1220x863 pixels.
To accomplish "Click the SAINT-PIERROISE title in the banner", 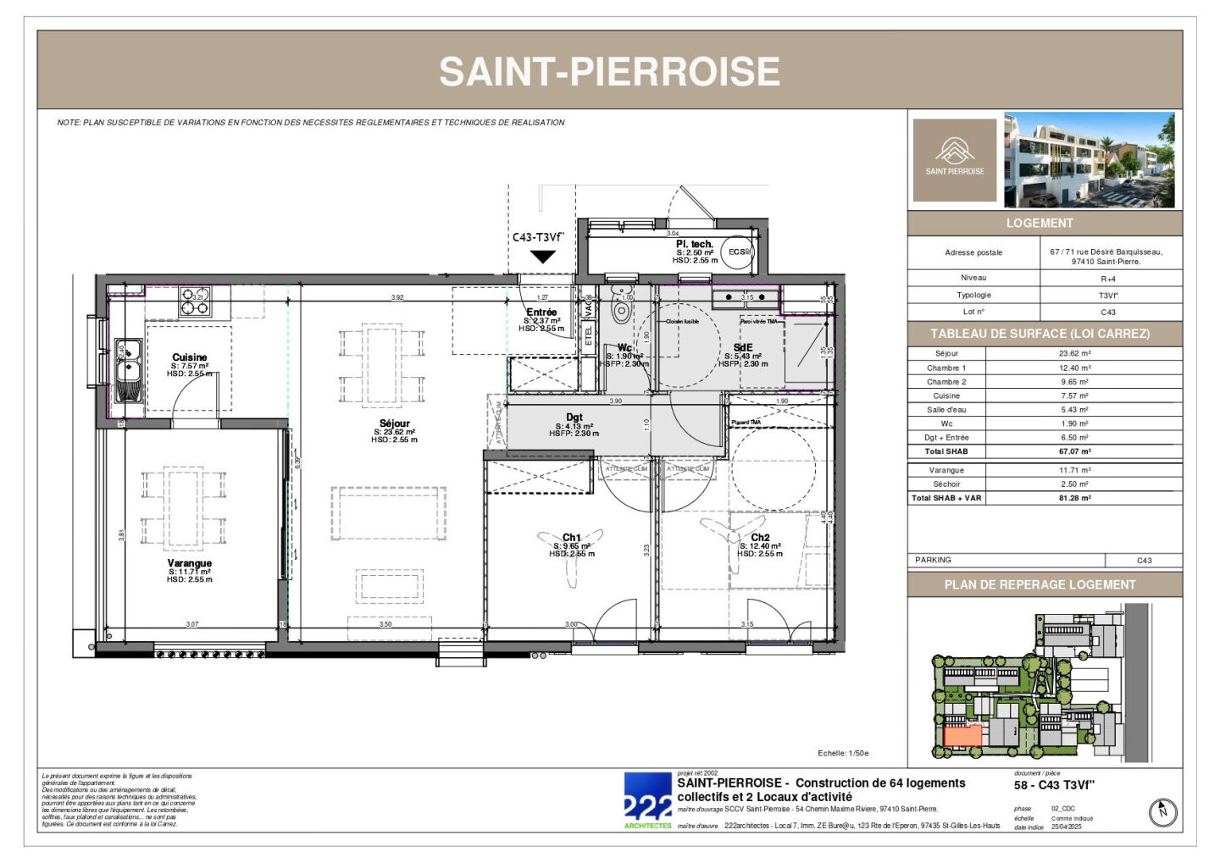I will pyautogui.click(x=609, y=71).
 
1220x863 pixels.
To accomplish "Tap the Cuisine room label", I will pyautogui.click(x=189, y=357).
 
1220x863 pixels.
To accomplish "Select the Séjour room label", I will pyautogui.click(x=395, y=423).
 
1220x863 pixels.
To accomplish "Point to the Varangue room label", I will pyautogui.click(x=189, y=563).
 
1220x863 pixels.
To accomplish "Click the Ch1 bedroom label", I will pyautogui.click(x=572, y=538).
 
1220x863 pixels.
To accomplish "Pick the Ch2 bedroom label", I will pyautogui.click(x=760, y=538).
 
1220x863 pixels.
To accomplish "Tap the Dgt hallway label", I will pyautogui.click(x=574, y=417).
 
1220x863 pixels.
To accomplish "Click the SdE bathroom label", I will pyautogui.click(x=743, y=347).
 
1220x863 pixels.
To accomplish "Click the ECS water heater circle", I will pyautogui.click(x=738, y=252).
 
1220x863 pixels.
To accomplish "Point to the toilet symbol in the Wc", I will pyautogui.click(x=623, y=309).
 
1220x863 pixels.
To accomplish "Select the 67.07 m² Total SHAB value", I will pyautogui.click(x=1074, y=451).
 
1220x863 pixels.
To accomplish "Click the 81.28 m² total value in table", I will pyautogui.click(x=1074, y=498).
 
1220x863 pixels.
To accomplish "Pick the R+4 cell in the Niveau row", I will pyautogui.click(x=1108, y=279).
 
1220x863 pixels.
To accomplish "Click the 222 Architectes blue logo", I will pyautogui.click(x=648, y=799).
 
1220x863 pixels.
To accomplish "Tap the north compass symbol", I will pyautogui.click(x=1163, y=812).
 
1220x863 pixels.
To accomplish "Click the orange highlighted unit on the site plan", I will pyautogui.click(x=962, y=736).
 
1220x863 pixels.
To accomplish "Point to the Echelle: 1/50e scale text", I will pyautogui.click(x=843, y=753).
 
